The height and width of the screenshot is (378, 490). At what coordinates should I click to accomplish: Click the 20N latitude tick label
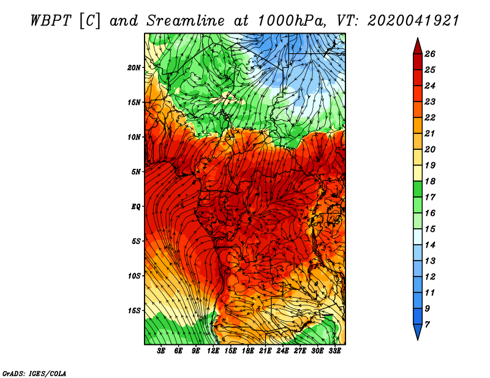coord(134,67)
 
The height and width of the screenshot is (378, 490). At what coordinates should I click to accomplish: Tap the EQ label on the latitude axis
coord(136,206)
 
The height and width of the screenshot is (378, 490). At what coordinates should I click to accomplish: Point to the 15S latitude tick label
coord(134,311)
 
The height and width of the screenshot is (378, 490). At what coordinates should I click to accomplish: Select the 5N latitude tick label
coord(136,172)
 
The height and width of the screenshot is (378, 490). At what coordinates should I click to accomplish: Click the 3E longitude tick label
coord(161,351)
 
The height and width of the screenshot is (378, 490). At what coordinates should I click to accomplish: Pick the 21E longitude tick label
coord(265,351)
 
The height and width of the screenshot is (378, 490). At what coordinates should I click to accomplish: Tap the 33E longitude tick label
coord(334,351)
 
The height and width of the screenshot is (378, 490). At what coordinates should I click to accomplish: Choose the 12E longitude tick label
coord(213,351)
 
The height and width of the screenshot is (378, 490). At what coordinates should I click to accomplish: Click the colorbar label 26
coord(430,54)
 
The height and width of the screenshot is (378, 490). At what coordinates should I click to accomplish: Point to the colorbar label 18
coord(430,181)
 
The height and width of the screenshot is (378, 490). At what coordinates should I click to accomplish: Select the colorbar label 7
coord(427,325)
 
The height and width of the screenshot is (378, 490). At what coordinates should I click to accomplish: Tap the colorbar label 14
coord(430,245)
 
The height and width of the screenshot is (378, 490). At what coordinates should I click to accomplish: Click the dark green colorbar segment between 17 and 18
coord(418,189)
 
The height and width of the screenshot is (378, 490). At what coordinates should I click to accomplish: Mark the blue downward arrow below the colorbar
coord(418,332)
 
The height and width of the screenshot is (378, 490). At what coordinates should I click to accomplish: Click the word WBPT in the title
coord(51,21)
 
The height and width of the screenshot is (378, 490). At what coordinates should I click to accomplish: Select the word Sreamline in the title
coord(186,21)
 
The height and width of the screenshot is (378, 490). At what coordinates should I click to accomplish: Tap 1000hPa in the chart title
coord(290,21)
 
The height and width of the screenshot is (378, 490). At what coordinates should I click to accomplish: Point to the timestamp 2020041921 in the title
coord(413,21)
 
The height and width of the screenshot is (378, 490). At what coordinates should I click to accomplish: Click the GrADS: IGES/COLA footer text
coord(34,373)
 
